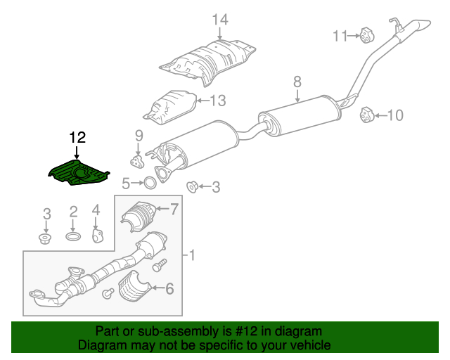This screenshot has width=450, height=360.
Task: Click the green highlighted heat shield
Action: [78, 173]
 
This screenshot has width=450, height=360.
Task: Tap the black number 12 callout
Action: [77, 138]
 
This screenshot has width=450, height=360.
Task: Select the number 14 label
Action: [220, 20]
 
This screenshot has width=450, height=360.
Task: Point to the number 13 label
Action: [218, 101]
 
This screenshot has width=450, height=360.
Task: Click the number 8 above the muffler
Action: [297, 82]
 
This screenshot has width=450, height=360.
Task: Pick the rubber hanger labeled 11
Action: [367, 36]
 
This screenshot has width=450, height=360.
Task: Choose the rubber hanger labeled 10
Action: [367, 115]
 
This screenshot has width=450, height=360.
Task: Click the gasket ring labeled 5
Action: [150, 183]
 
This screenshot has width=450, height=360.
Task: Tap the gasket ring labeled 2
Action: [73, 236]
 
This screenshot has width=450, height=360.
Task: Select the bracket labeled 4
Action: [98, 236]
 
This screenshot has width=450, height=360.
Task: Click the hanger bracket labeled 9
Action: [136, 162]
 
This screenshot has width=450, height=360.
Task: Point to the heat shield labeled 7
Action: [139, 216]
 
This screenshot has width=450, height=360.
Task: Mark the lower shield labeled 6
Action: [134, 286]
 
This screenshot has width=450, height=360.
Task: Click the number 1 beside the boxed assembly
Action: [192, 255]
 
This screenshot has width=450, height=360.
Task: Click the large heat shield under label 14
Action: [207, 62]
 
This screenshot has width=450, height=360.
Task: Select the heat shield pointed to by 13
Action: [170, 108]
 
